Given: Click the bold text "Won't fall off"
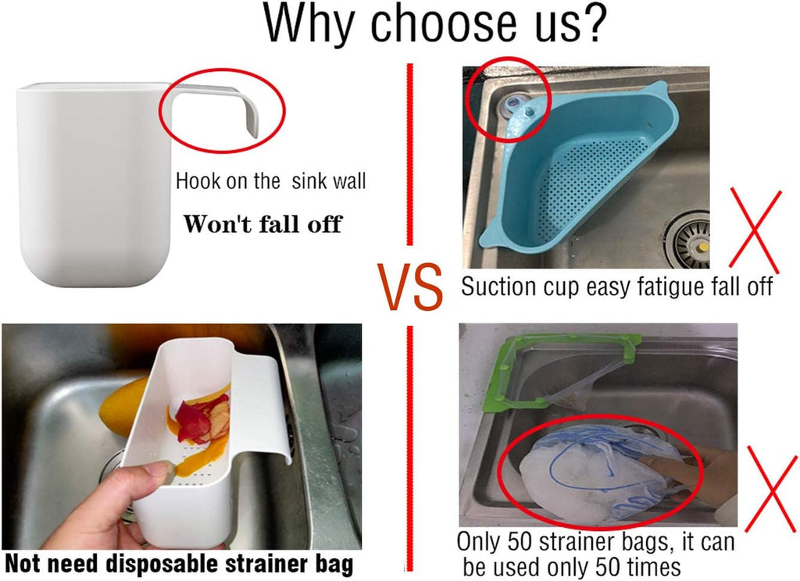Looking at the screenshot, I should (262, 224).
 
